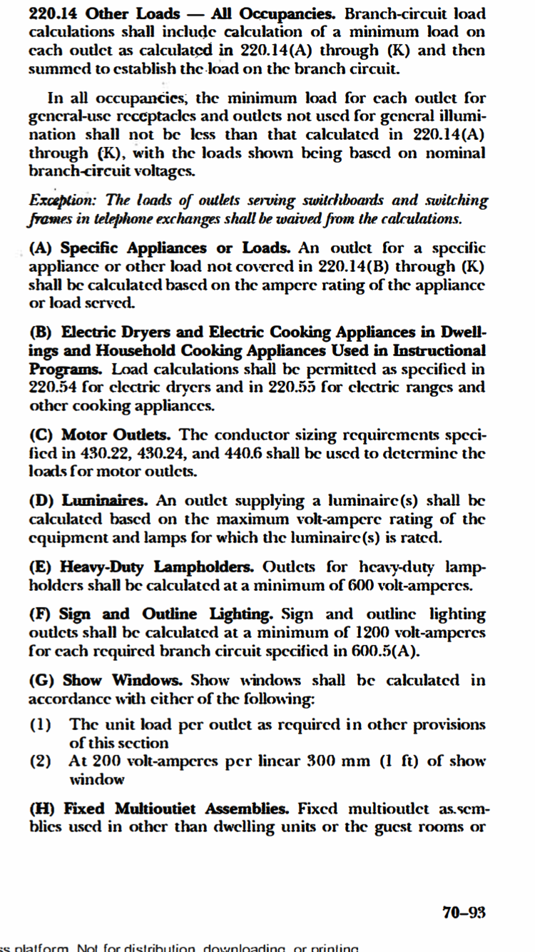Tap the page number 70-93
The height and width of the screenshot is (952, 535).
(464, 911)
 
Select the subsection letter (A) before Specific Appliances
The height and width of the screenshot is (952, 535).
(41, 248)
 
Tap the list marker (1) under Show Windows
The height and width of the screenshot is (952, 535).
(41, 724)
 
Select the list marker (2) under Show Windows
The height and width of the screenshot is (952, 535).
(41, 761)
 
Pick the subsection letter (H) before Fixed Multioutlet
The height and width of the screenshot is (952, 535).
(42, 809)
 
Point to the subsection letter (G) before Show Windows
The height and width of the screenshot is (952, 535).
(42, 680)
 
